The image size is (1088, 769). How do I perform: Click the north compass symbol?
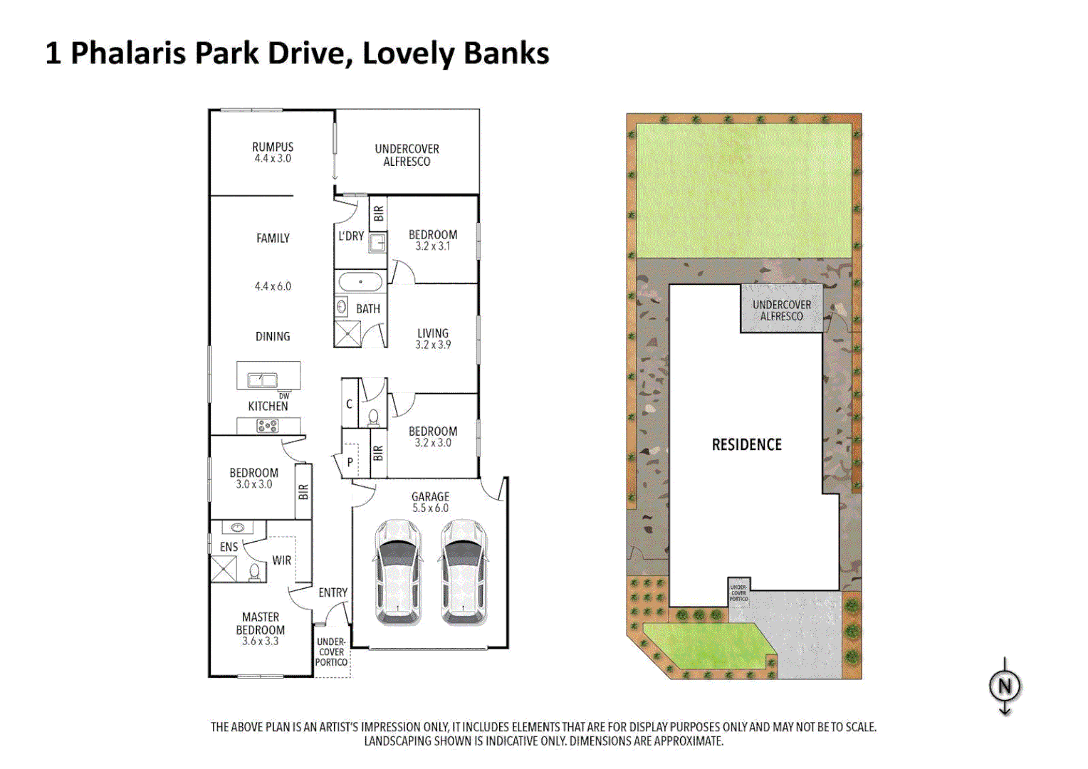point(1005,686)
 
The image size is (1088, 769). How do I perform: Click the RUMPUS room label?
point(273,152)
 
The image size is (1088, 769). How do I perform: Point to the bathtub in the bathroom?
point(360,282)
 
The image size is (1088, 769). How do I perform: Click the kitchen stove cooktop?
point(268,426)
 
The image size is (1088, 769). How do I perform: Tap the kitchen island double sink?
point(262,380)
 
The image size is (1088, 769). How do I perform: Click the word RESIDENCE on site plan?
point(746,445)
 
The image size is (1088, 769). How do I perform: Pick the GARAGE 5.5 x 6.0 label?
point(430,502)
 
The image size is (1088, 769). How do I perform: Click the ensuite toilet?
point(254,571)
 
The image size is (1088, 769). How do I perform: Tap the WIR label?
point(281,560)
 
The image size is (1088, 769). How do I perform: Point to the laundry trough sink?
point(377,243)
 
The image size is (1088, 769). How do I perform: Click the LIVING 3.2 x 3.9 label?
point(433,338)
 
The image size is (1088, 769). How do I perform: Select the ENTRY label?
point(333,592)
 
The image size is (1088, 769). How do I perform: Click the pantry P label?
point(350,462)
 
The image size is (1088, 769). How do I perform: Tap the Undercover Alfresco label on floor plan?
point(407,155)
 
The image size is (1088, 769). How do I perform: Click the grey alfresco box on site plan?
point(781,310)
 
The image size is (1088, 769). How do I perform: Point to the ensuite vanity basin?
point(237,528)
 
